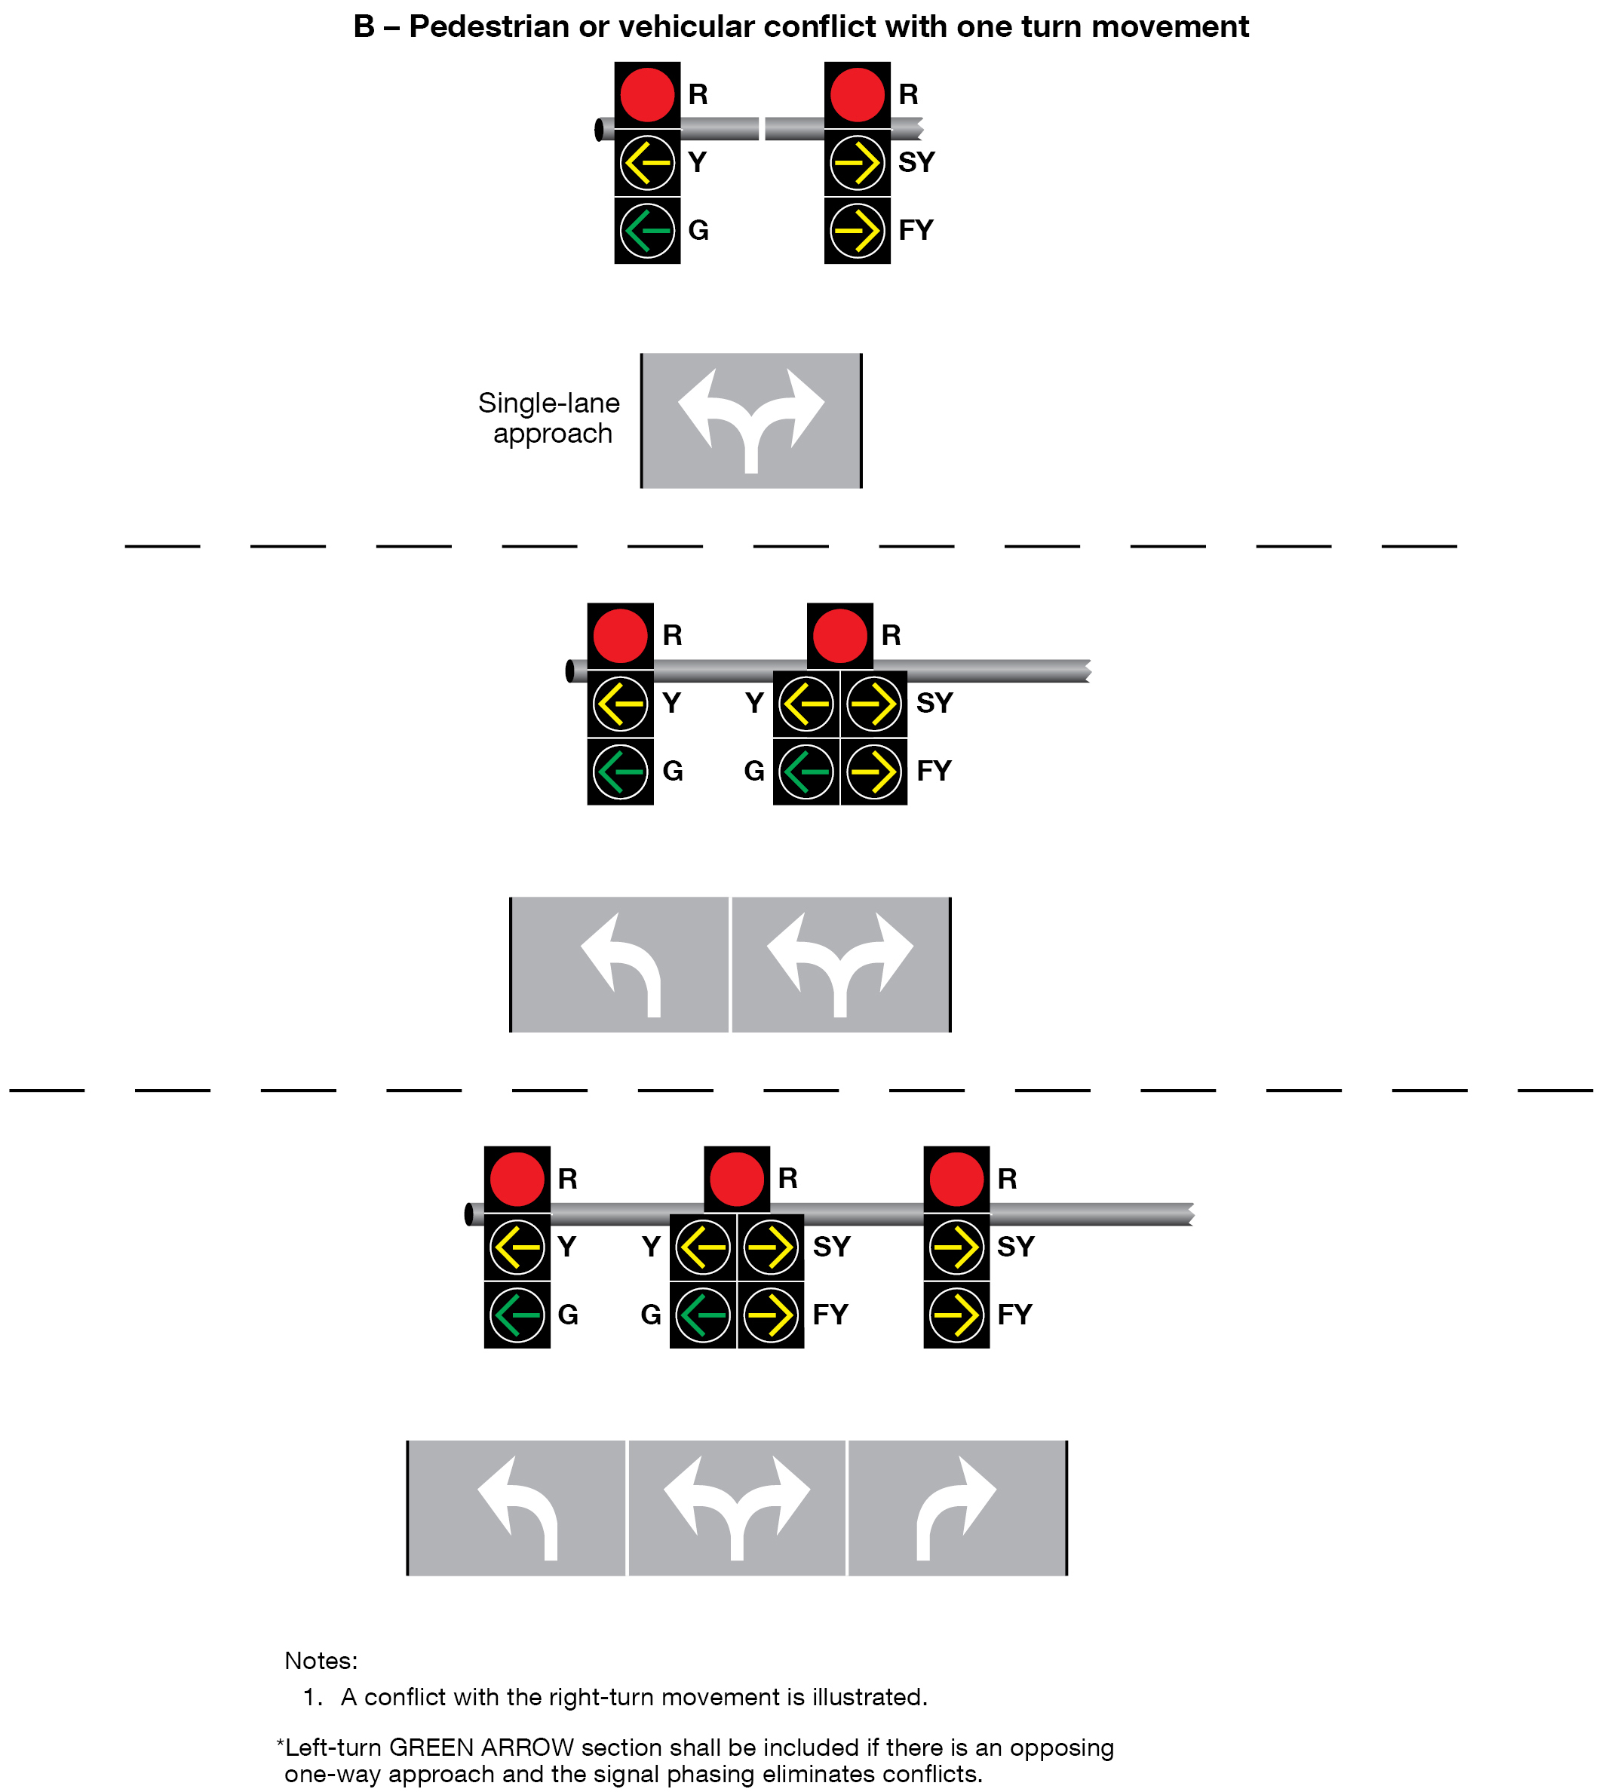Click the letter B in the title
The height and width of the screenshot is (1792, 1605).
coord(364,27)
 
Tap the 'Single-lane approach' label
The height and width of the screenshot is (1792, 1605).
coord(549,418)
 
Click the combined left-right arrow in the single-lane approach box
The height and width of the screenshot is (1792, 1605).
coord(751,418)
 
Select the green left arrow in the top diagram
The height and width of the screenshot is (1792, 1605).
coord(647,230)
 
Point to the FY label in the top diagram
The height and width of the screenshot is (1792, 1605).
coord(916,230)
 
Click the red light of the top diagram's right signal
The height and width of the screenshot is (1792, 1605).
coord(857,94)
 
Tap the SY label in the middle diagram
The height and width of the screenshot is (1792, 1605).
coord(934,703)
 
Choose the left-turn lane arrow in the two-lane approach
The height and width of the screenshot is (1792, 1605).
coord(621,964)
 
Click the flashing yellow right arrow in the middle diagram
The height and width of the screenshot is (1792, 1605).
coord(874,772)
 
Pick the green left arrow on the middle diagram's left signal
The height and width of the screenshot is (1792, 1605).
coord(621,772)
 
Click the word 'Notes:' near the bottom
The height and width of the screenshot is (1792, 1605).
coord(321,1662)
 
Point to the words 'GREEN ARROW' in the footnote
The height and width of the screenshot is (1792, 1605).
coord(481,1748)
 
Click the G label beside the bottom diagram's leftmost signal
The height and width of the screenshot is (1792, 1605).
coord(568,1315)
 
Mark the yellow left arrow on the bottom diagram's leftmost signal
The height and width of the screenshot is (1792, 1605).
coord(517,1247)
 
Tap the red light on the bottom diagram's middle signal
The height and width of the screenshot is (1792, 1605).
coord(736,1179)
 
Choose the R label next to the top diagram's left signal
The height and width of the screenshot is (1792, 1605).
coord(698,94)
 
